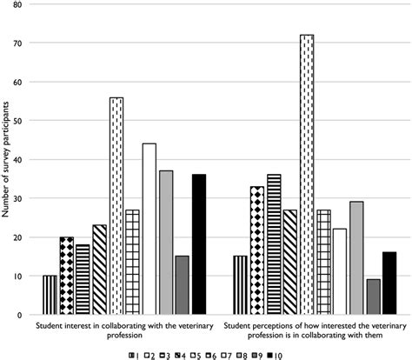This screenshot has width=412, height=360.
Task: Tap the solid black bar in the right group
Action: pyautogui.click(x=389, y=283)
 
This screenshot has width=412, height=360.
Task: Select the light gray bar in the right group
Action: pyautogui.click(x=356, y=257)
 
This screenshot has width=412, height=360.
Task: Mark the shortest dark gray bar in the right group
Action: pyautogui.click(x=372, y=297)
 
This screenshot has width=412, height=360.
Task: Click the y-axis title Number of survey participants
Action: pyautogui.click(x=7, y=160)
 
